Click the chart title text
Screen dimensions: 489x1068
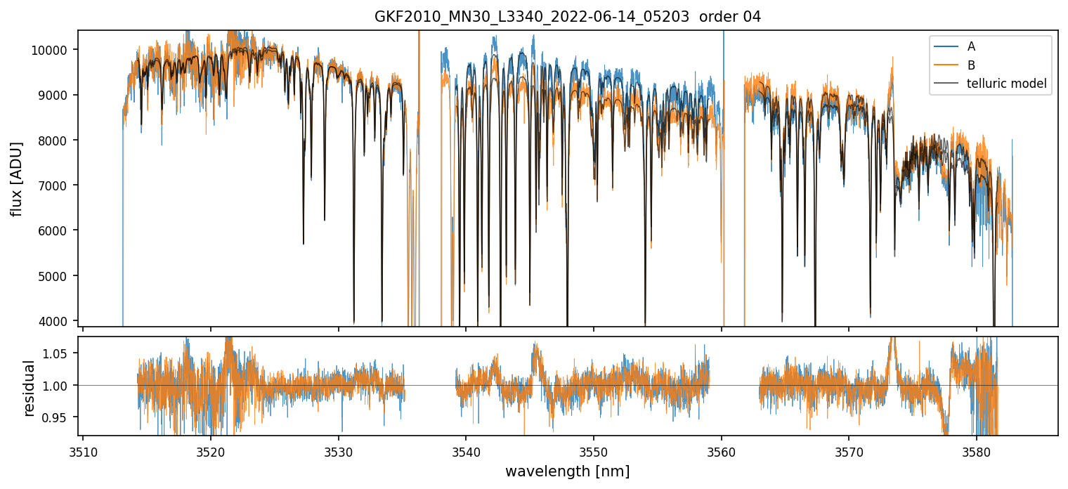(568, 17)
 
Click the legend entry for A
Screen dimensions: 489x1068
(971, 47)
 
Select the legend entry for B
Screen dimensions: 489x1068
(971, 65)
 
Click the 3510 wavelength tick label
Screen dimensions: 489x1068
(83, 450)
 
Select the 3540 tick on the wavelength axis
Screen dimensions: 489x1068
(466, 450)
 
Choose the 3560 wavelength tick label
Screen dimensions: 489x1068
(722, 450)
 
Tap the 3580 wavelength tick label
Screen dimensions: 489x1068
(977, 450)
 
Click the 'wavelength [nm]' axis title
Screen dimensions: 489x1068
(567, 471)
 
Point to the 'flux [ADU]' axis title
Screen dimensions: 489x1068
(17, 178)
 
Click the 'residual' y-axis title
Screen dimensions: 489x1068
(30, 388)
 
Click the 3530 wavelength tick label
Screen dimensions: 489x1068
(338, 450)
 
